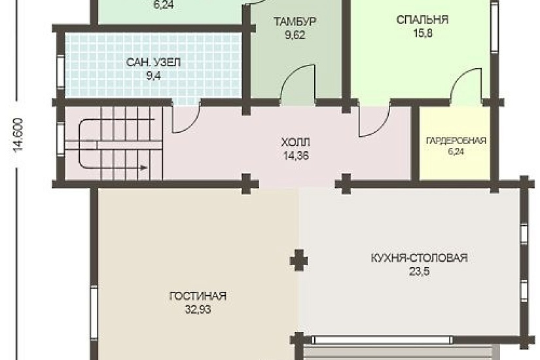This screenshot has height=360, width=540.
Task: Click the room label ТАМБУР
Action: [295, 22]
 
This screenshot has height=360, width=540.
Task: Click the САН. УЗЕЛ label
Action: [153, 63]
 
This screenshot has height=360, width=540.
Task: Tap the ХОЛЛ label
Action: [295, 143]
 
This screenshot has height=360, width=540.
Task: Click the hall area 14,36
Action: [295, 156]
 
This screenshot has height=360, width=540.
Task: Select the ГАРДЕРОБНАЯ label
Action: [456, 140]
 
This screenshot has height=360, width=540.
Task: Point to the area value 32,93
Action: [197, 309]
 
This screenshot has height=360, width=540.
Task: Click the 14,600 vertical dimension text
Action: [18, 136]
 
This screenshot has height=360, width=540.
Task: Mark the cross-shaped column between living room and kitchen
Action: [298, 260]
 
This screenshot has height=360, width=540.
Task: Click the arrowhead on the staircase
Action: [142, 168]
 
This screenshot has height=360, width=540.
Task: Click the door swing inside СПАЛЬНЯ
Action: [467, 86]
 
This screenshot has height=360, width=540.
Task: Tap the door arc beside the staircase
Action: [186, 120]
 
